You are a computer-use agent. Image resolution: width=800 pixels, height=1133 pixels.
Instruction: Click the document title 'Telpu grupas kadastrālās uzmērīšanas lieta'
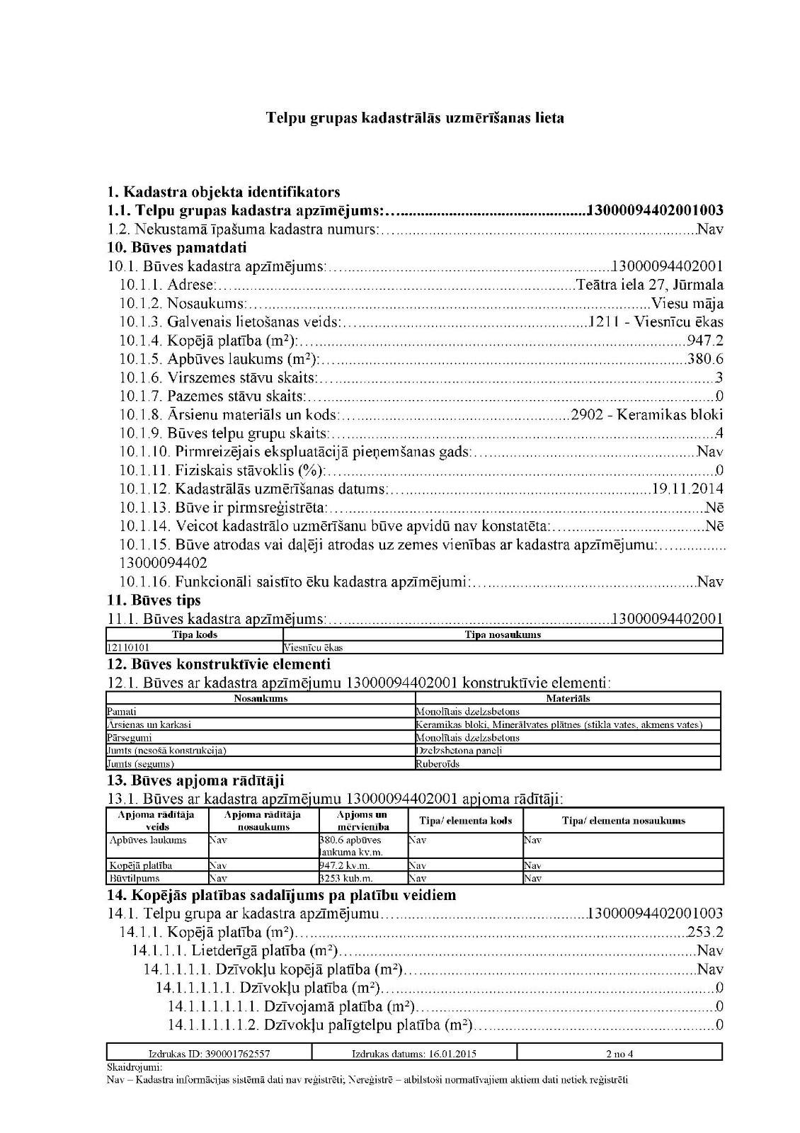pyautogui.click(x=415, y=118)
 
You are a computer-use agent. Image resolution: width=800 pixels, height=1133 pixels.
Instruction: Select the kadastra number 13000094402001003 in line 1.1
pyautogui.click(x=655, y=210)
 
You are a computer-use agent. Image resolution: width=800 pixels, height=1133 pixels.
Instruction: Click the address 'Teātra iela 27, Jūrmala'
pyautogui.click(x=650, y=285)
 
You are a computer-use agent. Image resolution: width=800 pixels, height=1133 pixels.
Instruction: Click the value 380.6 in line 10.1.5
pyautogui.click(x=705, y=359)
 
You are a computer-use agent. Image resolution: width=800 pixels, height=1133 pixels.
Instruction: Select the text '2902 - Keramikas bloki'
pyautogui.click(x=646, y=415)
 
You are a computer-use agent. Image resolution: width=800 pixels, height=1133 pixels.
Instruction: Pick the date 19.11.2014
pyautogui.click(x=686, y=489)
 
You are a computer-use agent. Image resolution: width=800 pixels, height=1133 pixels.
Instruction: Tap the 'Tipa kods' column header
pyautogui.click(x=195, y=634)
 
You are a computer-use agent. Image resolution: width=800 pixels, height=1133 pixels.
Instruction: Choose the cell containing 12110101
pyautogui.click(x=128, y=647)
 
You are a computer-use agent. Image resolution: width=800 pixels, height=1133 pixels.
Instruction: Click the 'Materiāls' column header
pyautogui.click(x=568, y=698)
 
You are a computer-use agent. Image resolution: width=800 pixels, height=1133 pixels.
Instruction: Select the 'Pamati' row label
pyautogui.click(x=122, y=711)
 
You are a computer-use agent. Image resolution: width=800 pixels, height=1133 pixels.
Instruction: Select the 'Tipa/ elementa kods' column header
pyautogui.click(x=466, y=821)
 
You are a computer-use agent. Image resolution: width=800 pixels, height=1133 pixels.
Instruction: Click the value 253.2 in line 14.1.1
pyautogui.click(x=705, y=932)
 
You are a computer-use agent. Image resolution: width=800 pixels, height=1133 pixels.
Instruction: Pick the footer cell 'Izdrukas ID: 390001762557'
pyautogui.click(x=209, y=1054)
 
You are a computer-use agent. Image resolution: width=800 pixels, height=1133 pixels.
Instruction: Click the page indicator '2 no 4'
pyautogui.click(x=619, y=1054)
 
